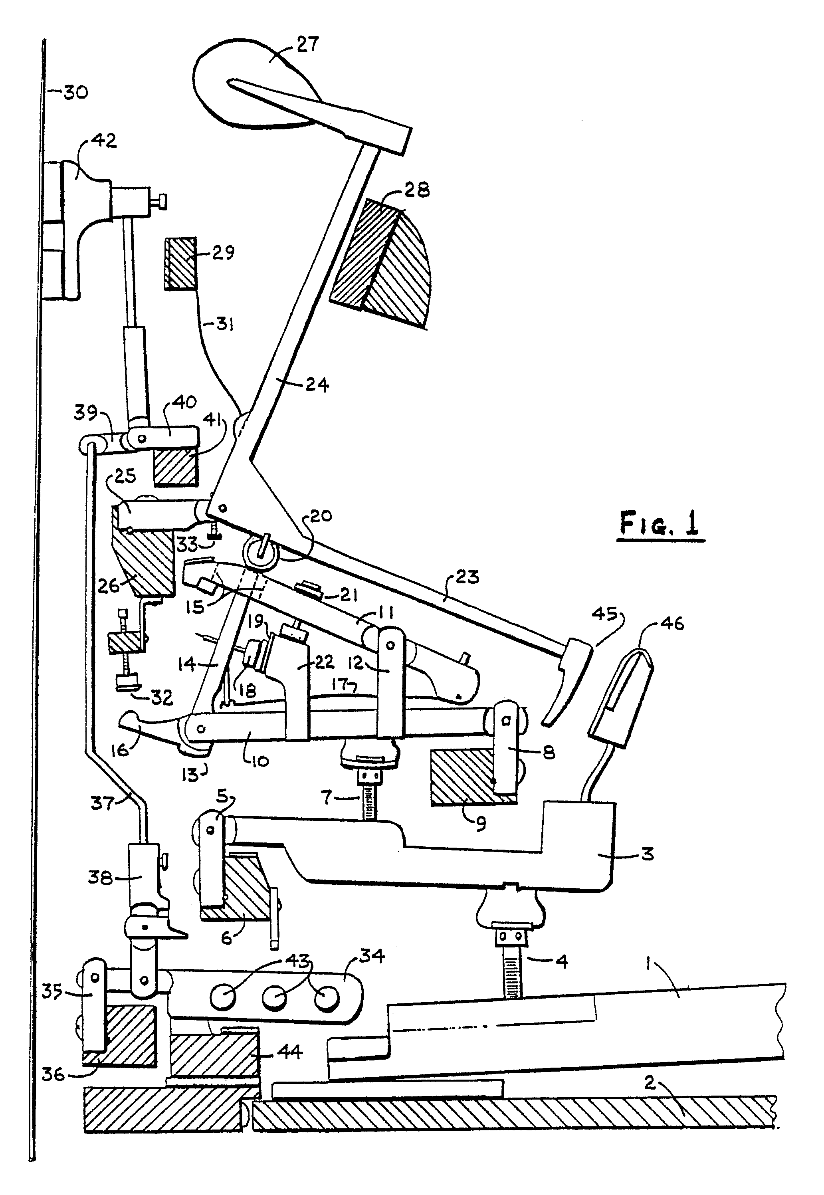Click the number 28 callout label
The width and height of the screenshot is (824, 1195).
coord(417,190)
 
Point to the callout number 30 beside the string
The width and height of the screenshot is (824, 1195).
coord(75,93)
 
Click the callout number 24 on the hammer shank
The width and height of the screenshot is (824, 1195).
coord(317,384)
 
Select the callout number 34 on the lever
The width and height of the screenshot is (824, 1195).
coord(372,957)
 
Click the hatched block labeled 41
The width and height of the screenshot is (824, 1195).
coord(176,467)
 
